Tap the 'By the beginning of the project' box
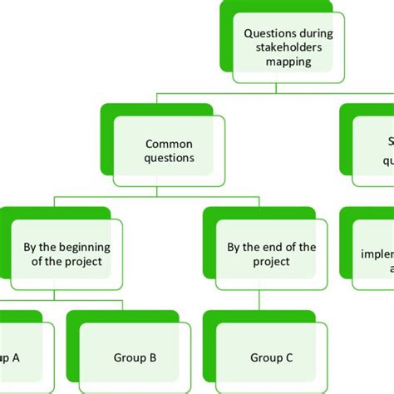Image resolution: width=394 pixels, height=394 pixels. (67, 254)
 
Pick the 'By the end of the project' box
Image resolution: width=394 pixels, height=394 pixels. (271, 254)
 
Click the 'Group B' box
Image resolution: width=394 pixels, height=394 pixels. (135, 358)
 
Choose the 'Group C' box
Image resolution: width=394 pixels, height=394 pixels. (272, 358)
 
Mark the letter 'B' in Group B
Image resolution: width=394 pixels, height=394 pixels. (153, 358)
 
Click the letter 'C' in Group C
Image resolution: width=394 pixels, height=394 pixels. (289, 358)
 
